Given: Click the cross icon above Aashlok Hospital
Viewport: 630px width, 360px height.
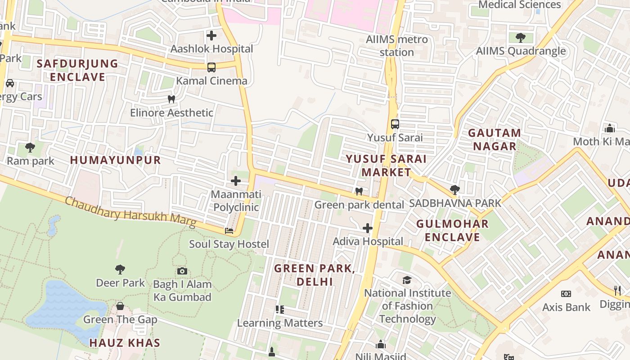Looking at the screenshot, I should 211,35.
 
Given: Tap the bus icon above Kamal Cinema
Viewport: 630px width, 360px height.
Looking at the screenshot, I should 211,67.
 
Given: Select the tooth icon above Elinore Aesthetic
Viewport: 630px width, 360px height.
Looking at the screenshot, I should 171,99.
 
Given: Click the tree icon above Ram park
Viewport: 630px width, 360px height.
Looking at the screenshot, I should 30,147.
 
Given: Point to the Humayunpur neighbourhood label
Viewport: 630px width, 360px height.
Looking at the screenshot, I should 115,160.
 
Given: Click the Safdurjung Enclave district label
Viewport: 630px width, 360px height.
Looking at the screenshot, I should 77,70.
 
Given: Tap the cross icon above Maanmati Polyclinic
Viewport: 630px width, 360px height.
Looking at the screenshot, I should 235,181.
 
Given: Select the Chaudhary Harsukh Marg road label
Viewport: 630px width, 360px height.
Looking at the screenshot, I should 130,211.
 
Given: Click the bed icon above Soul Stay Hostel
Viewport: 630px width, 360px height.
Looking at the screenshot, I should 229,231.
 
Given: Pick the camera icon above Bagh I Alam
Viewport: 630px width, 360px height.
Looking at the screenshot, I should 182,271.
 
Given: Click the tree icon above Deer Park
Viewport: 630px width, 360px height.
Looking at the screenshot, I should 120,269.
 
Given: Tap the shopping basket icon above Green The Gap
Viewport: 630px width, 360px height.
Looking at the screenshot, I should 120,306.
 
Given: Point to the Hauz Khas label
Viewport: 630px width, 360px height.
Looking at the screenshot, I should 125,343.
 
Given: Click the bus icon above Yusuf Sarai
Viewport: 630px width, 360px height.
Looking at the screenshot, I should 395,124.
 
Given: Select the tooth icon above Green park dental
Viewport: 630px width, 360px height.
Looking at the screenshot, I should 359,191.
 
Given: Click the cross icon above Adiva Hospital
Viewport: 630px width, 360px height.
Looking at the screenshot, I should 367,228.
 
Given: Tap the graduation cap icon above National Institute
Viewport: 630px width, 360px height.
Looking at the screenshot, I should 407,280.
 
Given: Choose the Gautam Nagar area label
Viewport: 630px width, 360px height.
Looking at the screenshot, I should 495,139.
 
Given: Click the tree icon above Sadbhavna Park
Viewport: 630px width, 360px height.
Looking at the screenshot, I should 454,190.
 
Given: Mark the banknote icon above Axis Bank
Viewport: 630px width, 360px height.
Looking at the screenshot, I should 566,294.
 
